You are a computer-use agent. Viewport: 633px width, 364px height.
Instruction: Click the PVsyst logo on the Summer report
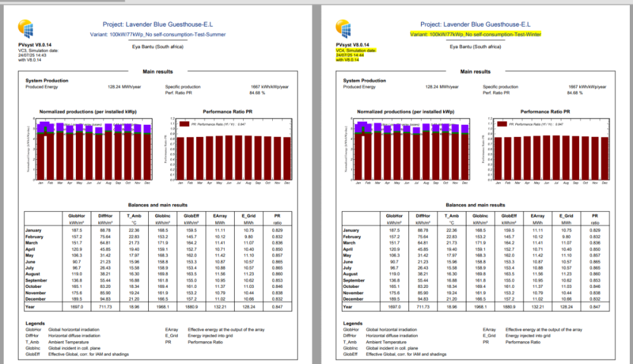[27, 29]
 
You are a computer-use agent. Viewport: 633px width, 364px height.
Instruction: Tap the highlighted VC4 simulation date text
[356, 55]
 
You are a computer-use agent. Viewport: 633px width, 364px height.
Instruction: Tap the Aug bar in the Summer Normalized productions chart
[108, 152]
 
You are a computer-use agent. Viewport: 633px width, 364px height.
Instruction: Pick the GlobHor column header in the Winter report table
[393, 216]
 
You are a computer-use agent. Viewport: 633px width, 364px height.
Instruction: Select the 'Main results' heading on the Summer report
[158, 72]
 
